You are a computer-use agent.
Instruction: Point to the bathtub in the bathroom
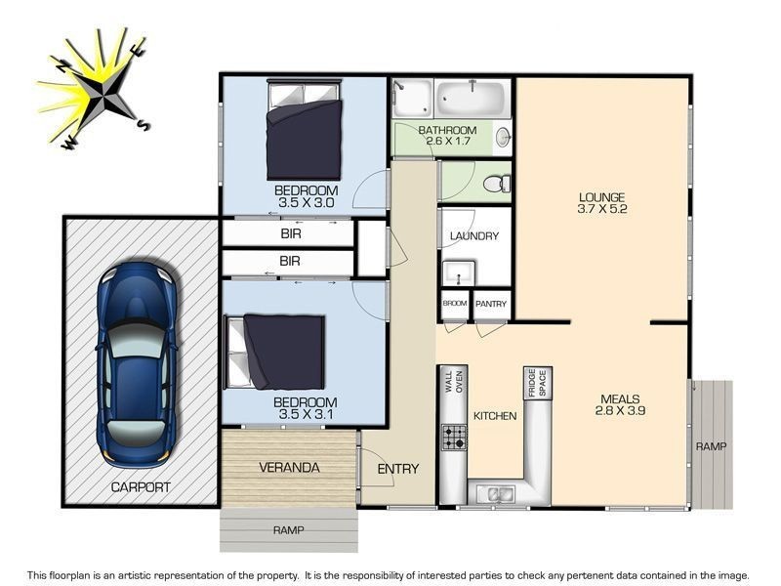(471, 99)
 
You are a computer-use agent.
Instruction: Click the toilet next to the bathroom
(496, 183)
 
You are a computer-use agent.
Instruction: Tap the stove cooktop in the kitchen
(454, 437)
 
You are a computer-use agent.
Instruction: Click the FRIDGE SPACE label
(537, 383)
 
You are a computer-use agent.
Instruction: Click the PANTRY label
(491, 304)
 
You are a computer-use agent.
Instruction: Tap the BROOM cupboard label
(455, 304)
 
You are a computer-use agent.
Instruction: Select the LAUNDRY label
(474, 236)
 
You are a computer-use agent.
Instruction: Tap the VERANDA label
(289, 468)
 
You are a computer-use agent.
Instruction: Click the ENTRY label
(397, 469)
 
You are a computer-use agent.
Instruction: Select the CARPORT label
(141, 486)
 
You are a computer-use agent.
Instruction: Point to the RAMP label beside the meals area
(711, 446)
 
